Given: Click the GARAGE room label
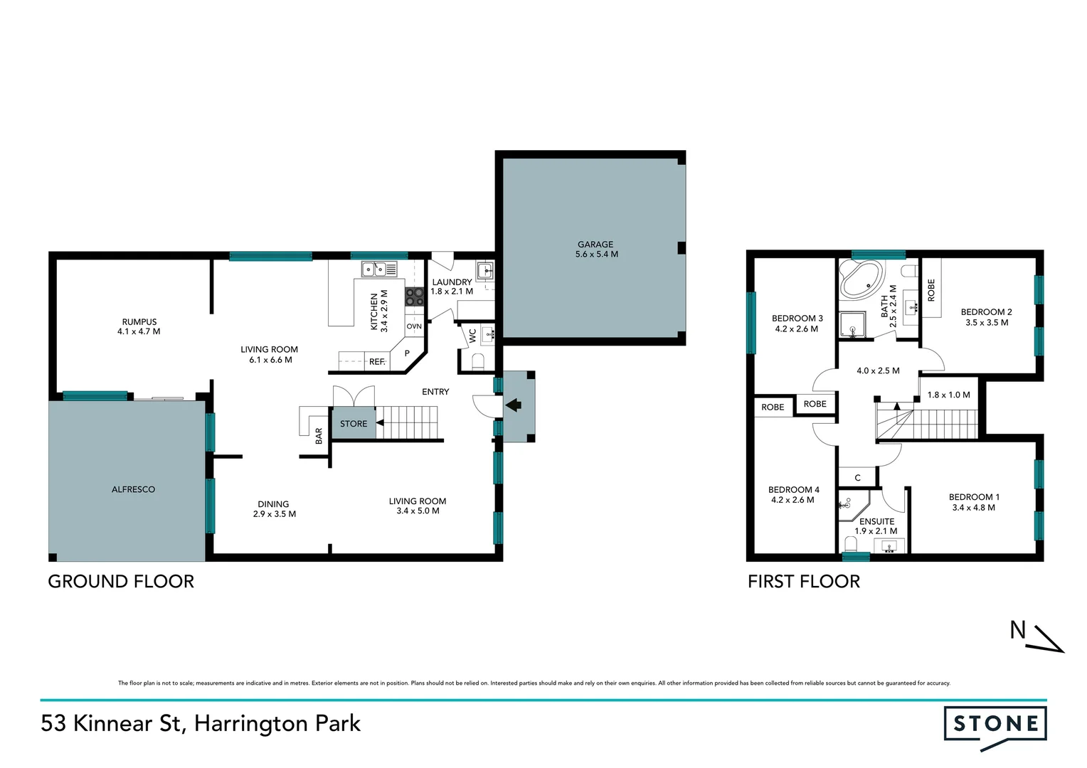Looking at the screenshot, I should click(x=595, y=244).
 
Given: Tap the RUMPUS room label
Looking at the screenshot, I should click(x=139, y=321).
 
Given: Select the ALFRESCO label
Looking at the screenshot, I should click(x=133, y=489).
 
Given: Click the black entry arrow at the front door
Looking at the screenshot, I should click(x=513, y=405).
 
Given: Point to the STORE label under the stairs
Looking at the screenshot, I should click(x=354, y=424).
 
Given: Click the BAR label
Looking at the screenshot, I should click(x=319, y=436).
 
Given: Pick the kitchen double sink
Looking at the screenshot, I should click(x=379, y=269).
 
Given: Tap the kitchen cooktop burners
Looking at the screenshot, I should click(x=415, y=297).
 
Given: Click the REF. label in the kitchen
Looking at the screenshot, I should click(x=377, y=362).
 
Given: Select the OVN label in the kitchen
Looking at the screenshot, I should click(x=414, y=326).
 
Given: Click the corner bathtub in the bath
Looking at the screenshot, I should click(x=861, y=278).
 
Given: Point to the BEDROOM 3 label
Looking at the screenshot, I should click(x=797, y=319).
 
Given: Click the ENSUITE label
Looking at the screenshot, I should click(x=876, y=521).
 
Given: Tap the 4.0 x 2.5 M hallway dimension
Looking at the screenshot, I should click(x=878, y=370).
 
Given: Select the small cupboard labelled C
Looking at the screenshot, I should click(x=857, y=478).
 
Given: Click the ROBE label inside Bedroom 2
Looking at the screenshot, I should click(x=931, y=289).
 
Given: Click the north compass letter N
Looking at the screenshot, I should click(x=1018, y=630).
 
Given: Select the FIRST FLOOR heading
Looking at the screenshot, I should click(x=804, y=582).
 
